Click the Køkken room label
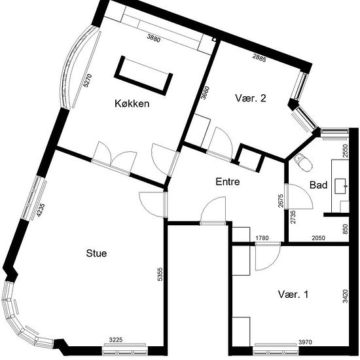[132, 103]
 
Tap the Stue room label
[96, 253]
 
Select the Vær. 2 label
[251, 98]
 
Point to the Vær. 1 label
[293, 295]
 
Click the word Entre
[228, 182]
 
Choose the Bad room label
[319, 185]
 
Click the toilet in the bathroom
[303, 162]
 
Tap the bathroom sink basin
[342, 186]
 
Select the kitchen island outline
[143, 76]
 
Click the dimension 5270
[88, 81]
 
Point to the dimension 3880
[154, 38]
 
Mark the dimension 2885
[259, 58]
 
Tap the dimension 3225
[116, 340]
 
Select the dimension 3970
[306, 342]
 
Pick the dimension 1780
[262, 238]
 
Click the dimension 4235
[41, 211]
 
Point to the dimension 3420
[346, 296]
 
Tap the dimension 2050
[319, 238]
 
